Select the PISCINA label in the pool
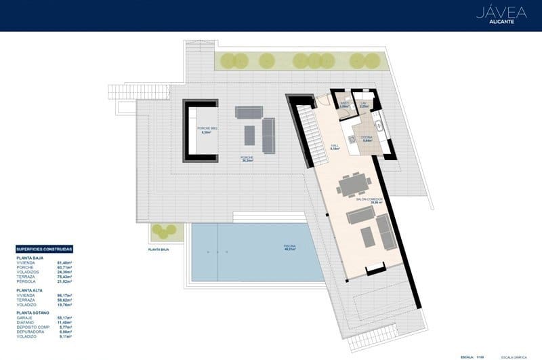click(289, 246)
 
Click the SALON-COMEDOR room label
click(369, 200)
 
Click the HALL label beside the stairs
click(334, 146)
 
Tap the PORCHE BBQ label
click(207, 129)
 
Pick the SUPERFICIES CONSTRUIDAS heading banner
click(44, 249)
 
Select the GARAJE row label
click(24, 318)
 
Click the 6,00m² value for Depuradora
click(65, 332)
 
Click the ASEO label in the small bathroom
click(344, 104)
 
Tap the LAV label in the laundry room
click(364, 104)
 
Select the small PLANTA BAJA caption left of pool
click(158, 249)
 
